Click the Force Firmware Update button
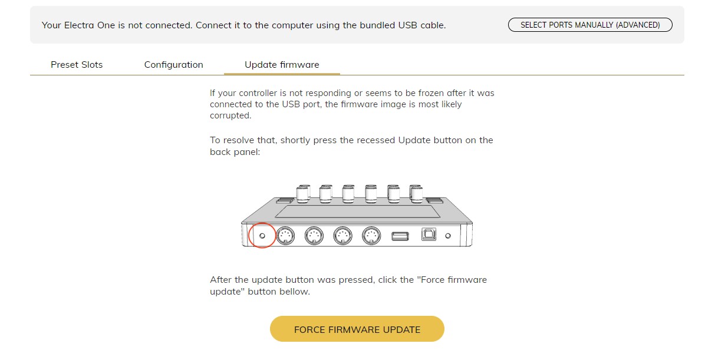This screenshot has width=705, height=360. pyautogui.click(x=357, y=329)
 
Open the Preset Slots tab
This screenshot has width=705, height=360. pyautogui.click(x=77, y=65)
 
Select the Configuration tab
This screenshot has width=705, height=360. pyautogui.click(x=173, y=65)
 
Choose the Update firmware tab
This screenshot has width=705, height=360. pyautogui.click(x=282, y=65)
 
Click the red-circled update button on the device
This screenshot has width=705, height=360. pyautogui.click(x=262, y=236)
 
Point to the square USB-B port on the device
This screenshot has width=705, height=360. pyautogui.click(x=429, y=234)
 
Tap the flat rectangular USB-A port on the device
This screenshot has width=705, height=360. pyautogui.click(x=400, y=236)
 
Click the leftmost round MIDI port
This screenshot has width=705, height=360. pyautogui.click(x=285, y=236)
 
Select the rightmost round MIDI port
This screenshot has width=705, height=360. pyautogui.click(x=371, y=236)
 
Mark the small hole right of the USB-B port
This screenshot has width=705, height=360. pyautogui.click(x=448, y=236)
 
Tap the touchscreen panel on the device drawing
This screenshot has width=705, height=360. pyautogui.click(x=357, y=212)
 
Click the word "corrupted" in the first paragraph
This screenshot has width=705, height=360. pyautogui.click(x=230, y=115)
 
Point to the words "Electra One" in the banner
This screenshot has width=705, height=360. pyautogui.click(x=90, y=25)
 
